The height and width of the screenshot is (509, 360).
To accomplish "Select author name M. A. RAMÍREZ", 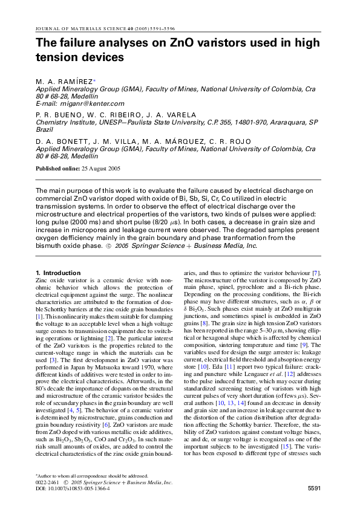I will point(64,80).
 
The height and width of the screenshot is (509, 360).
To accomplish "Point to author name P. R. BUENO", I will point(59,114).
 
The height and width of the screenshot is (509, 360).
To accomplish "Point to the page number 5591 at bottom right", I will point(318,487).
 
